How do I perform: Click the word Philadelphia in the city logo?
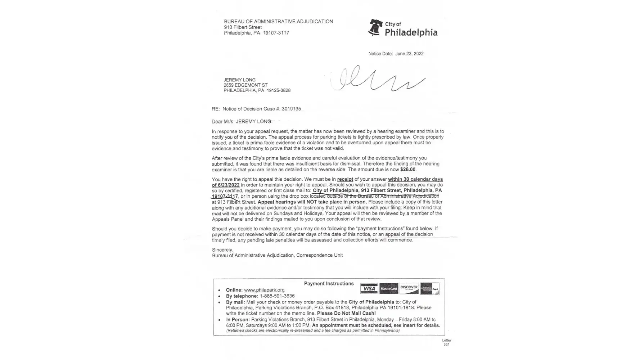(x=411, y=32)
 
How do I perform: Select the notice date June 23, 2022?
(x=409, y=54)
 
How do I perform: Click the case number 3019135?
(x=291, y=109)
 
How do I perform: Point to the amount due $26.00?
(x=408, y=170)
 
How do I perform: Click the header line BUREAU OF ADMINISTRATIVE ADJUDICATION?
(x=278, y=22)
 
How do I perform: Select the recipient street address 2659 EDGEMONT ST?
(x=245, y=85)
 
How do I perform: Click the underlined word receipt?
(x=345, y=179)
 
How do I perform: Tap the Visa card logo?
(x=369, y=289)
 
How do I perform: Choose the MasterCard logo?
(x=389, y=289)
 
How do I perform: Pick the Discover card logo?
(x=409, y=289)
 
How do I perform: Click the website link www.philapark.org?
(x=264, y=290)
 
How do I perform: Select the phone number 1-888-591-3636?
(x=277, y=296)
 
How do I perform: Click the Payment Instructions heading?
(x=329, y=284)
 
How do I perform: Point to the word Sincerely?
(x=222, y=250)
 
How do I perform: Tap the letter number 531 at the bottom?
(x=446, y=345)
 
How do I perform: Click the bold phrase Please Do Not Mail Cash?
(x=346, y=314)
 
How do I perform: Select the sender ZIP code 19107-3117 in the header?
(x=276, y=33)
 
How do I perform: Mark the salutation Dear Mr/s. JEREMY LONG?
(x=242, y=122)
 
